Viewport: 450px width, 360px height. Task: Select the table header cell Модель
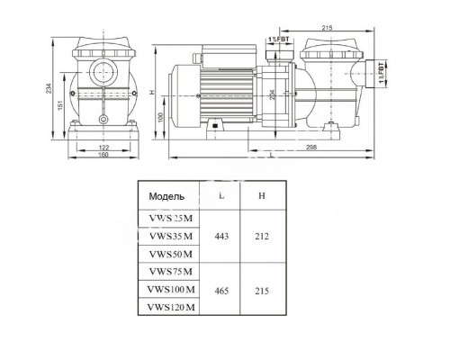[x=166, y=194]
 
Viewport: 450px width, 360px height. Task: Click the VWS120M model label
[x=171, y=307]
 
